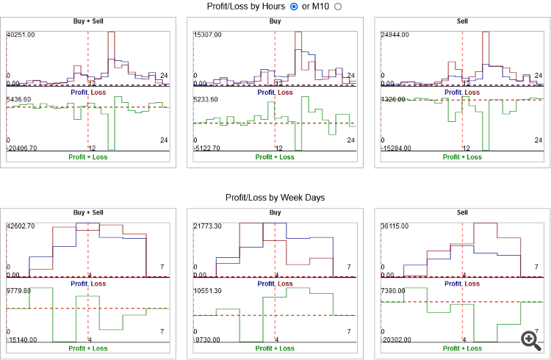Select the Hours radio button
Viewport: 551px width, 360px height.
coord(295,7)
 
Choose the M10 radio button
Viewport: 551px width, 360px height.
coord(339,7)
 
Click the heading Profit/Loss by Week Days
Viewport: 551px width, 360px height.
coord(275,198)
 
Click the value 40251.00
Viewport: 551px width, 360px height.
coord(21,35)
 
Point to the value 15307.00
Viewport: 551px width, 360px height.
coord(208,35)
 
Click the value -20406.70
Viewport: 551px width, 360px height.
coord(24,148)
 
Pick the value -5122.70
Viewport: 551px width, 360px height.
coord(208,148)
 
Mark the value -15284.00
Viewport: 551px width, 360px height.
coord(395,148)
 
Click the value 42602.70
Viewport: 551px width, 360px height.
coord(21,226)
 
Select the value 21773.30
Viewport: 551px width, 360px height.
coord(208,226)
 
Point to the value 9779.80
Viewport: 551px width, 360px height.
coord(19,291)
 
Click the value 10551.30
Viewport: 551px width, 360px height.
coord(208,291)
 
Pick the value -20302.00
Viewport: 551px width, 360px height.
coord(395,339)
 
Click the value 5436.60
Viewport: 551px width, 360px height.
coord(19,99)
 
